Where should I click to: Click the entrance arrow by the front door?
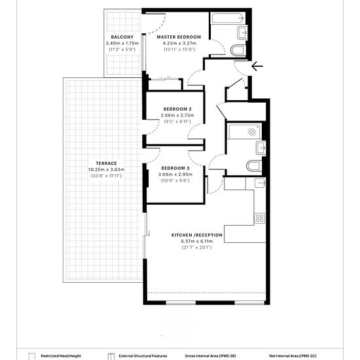(x=257, y=66)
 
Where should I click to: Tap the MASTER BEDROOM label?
(x=179, y=37)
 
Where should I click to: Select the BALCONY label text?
(x=122, y=37)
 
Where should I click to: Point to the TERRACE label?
(x=106, y=164)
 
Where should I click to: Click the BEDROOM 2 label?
(x=177, y=109)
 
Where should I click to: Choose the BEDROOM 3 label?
(x=175, y=168)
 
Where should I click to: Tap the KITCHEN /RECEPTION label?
(x=197, y=235)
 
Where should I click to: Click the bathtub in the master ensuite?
(x=228, y=18)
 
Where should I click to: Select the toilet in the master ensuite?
(x=238, y=50)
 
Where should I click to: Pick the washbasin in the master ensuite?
(x=242, y=33)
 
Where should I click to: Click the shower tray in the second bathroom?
(x=245, y=132)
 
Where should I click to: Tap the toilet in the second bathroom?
(x=254, y=166)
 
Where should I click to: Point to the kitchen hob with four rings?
(x=259, y=219)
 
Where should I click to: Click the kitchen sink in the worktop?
(x=260, y=183)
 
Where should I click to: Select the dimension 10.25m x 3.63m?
(x=106, y=170)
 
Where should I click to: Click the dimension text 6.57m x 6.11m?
(x=197, y=242)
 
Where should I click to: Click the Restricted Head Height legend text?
(x=61, y=356)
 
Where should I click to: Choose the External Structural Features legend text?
(x=143, y=356)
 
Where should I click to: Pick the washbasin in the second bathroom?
(x=261, y=148)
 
